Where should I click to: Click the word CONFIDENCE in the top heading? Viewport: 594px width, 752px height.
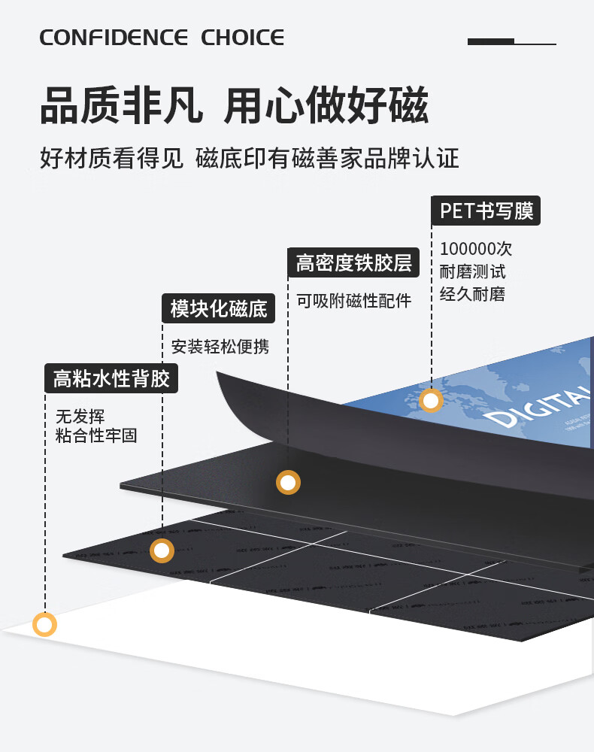click(114, 38)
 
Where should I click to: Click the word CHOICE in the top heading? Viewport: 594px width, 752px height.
click(242, 38)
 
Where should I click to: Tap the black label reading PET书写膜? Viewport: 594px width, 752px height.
click(486, 211)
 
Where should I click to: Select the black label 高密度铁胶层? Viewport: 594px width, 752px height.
click(353, 263)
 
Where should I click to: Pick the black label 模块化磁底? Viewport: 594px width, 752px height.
click(219, 308)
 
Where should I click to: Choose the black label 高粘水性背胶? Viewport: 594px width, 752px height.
click(111, 378)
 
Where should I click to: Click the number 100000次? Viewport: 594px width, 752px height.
click(476, 249)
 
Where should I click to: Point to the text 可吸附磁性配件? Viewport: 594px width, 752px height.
click(353, 301)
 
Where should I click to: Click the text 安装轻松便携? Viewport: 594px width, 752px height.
click(220, 347)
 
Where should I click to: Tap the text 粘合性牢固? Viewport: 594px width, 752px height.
click(96, 435)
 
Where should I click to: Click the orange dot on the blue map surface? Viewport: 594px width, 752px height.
click(431, 401)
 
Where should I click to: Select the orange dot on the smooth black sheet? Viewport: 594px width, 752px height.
click(288, 482)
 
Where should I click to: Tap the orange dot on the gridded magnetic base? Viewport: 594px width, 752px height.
click(162, 550)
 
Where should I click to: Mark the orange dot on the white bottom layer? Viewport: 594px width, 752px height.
click(44, 624)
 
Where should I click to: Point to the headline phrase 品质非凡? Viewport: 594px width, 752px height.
click(121, 105)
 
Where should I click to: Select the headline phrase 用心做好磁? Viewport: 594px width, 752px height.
click(326, 105)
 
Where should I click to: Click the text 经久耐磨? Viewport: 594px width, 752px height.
click(472, 294)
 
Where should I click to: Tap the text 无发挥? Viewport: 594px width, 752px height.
click(80, 416)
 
